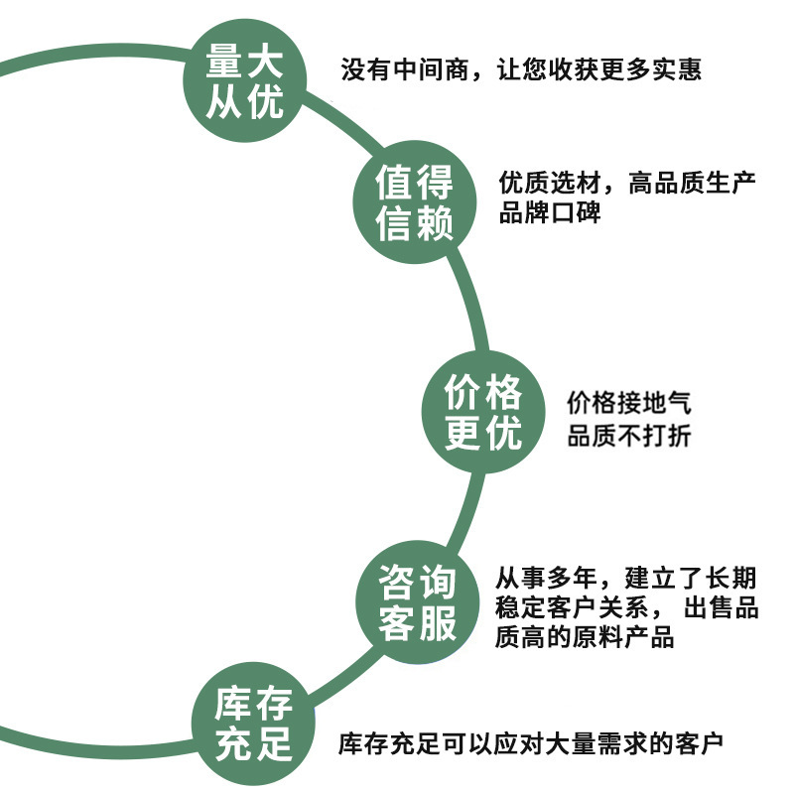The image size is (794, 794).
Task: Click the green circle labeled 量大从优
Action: click(x=244, y=82)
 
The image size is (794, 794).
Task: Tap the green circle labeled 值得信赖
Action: click(x=415, y=202)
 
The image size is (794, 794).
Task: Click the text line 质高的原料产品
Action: click(x=585, y=637)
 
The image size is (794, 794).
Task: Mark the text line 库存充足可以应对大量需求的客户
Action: click(x=531, y=742)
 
